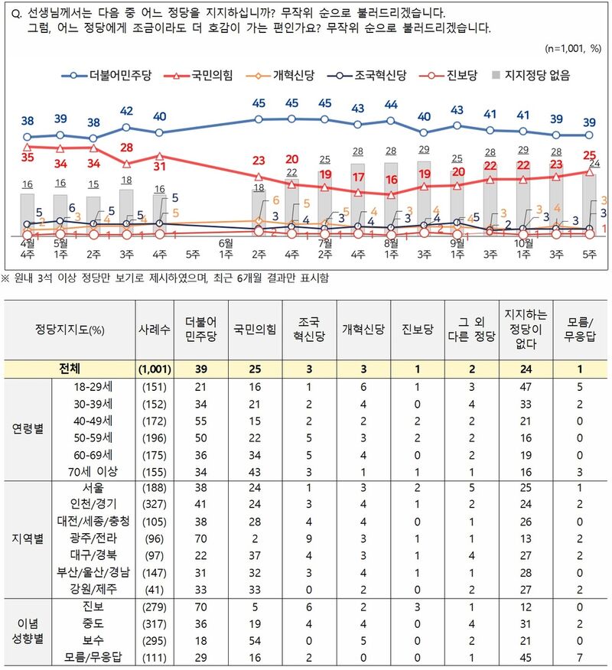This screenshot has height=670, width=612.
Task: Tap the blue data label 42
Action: tap(127, 112)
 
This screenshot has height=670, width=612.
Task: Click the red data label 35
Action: tap(28, 157)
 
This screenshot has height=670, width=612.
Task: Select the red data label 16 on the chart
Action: tap(391, 180)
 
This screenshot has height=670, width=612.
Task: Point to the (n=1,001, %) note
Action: tap(574, 49)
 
